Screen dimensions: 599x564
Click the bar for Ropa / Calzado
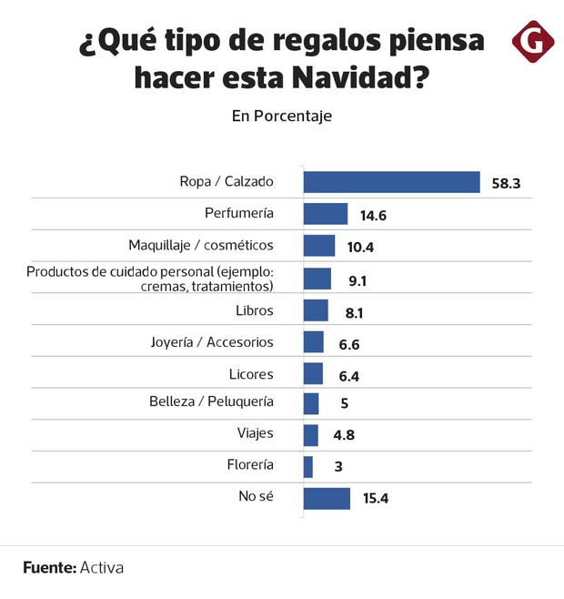(391, 182)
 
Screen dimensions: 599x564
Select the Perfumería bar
(325, 214)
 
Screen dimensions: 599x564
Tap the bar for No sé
(326, 498)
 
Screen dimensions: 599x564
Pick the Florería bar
(308, 466)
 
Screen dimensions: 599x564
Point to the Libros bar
(315, 310)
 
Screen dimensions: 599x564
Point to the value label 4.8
(343, 435)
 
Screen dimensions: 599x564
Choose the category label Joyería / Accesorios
(211, 342)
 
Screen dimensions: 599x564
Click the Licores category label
(251, 373)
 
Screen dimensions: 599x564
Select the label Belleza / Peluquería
(211, 401)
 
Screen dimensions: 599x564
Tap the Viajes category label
(254, 433)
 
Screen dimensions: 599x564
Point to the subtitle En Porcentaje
(281, 116)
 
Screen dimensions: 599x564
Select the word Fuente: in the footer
(49, 567)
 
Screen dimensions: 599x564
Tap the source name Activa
(102, 567)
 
